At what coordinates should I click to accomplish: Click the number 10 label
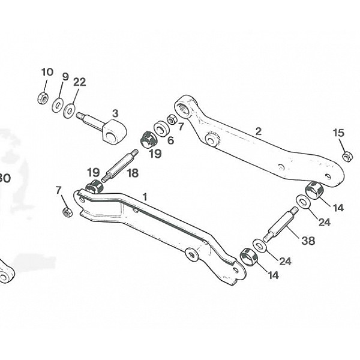coord(47,72)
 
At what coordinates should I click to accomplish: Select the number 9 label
coord(65,76)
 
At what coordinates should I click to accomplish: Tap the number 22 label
coord(79,82)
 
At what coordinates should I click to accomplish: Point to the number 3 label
coord(115,113)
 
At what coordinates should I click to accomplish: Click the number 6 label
coord(170,140)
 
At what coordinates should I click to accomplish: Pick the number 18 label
coord(132,173)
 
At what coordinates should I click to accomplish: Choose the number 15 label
coord(338,133)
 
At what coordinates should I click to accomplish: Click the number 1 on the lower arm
coord(145,196)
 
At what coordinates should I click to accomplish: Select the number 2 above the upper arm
coord(259,131)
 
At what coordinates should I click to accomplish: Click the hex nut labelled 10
coord(43,98)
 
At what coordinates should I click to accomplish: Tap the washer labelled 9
coord(58,105)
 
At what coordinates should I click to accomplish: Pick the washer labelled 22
coord(70,110)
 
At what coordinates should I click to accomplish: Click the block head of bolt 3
coord(113,131)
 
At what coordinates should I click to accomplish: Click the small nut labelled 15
coord(347,157)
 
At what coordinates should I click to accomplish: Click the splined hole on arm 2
coord(184,109)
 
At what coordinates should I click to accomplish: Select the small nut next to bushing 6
coord(172,120)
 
